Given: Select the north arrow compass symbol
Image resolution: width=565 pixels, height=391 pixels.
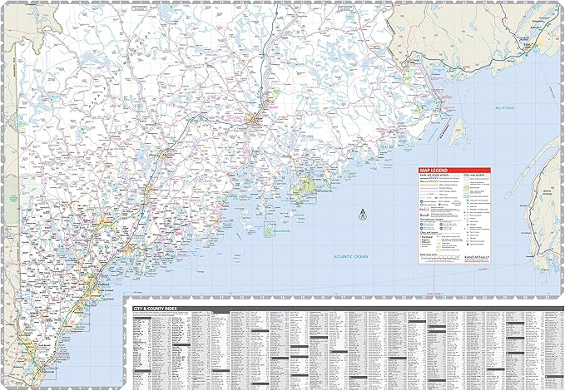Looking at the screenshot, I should coord(362,215).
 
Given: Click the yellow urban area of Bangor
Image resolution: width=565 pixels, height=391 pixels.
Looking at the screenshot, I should coord(252,124).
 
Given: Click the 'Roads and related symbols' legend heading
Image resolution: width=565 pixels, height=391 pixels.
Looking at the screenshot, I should coord(438,176).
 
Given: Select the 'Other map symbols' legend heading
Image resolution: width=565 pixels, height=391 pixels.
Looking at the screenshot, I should coord(474,176).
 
